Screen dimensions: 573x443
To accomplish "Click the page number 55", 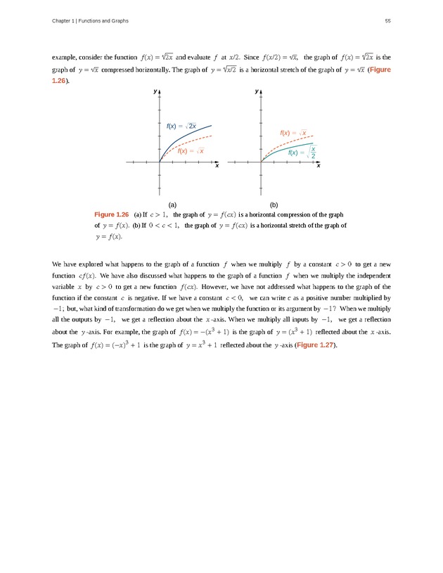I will coord(387,20).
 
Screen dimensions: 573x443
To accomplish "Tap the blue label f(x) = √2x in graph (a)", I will coord(181,126).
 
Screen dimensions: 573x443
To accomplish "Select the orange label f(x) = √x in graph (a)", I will coord(191,150).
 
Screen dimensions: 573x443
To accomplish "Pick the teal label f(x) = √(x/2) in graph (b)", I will coord(302,152).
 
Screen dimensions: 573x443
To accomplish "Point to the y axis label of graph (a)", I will coord(155,92).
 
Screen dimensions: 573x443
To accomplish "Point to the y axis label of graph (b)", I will coord(257,92).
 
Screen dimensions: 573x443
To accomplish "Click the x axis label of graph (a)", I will coord(217,166).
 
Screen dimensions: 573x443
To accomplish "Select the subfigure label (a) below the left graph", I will coord(172,202).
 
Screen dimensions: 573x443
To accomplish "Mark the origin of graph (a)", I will coord(160,162).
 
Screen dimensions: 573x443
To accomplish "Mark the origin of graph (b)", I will coord(262,162).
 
